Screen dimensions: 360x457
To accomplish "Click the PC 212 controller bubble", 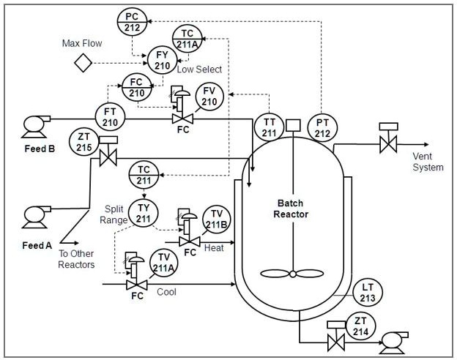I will (133, 22).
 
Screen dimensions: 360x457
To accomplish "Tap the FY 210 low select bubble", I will (162, 60).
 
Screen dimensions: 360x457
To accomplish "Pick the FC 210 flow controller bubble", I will (136, 88).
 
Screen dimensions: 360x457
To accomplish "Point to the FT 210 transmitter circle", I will (110, 117).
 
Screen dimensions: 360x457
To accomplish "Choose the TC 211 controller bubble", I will (144, 176).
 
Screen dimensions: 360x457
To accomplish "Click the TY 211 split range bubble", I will (144, 211).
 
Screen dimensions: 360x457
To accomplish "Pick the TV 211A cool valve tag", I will (165, 263).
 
